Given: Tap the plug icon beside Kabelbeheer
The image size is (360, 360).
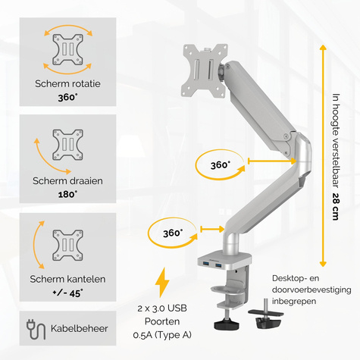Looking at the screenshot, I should pos(36,330).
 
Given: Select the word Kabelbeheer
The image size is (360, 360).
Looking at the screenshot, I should pos(80,330).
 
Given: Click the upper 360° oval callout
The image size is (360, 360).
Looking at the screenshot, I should pos(220,164).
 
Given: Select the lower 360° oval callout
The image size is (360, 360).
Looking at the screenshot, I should pos(173,233).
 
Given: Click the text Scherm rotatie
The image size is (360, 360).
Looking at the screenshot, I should pos(67,83).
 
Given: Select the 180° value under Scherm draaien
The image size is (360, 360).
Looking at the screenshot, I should pos(67,195).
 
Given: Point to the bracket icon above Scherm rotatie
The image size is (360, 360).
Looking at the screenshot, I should pos(67,50).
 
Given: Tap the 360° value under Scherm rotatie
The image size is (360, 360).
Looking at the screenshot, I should pos(67,98).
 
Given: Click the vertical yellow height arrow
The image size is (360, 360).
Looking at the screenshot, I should pos(323,152).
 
